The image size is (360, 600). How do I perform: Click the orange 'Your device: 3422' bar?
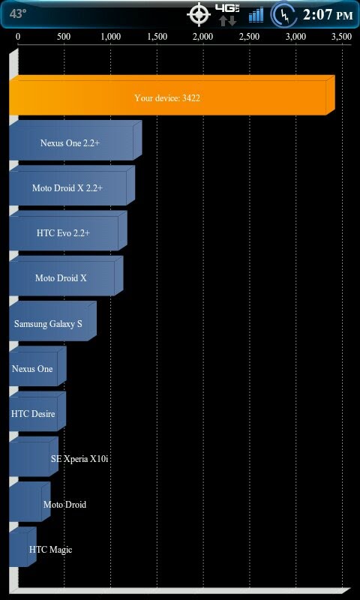coord(172,95)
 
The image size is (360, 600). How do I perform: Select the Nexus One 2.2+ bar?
coord(75,140)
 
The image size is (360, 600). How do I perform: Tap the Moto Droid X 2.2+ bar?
coord(72,185)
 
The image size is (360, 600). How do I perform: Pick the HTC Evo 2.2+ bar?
coord(68,231)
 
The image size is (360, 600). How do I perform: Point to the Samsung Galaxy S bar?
coord(52,321)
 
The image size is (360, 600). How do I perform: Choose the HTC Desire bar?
coord(37,411)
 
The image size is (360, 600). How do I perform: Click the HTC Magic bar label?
coord(50,550)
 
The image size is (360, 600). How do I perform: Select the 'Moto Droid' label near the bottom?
coord(64,504)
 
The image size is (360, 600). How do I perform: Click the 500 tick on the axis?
coord(64,37)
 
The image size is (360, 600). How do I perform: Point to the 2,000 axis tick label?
coord(202,37)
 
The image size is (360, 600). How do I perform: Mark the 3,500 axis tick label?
coord(341,37)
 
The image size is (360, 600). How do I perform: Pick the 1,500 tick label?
coord(157,37)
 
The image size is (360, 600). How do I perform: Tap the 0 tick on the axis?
coord(18,37)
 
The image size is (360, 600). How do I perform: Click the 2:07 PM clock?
coord(328,15)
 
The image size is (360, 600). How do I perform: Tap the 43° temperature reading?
coord(17,14)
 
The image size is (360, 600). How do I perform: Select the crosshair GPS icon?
coord(199,14)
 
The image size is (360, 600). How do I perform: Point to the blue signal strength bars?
coord(256,15)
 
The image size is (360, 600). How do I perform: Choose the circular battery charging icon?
coord(283,15)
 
